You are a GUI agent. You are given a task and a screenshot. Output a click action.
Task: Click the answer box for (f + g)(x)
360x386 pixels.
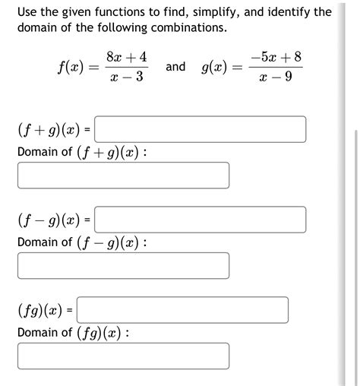click(x=201, y=129)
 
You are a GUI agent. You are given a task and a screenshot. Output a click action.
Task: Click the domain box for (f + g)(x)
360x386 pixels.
click(x=123, y=176)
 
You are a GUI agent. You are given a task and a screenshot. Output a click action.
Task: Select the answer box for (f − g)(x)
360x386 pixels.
click(x=201, y=220)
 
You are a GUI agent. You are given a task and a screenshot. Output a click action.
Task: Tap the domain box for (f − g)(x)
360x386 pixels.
click(x=123, y=266)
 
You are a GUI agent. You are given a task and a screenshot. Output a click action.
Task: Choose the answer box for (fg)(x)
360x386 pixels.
click(x=182, y=310)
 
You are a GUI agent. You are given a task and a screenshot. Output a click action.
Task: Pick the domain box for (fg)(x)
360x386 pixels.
click(x=123, y=356)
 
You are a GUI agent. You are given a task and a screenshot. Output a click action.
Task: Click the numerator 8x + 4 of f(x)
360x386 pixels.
click(x=127, y=56)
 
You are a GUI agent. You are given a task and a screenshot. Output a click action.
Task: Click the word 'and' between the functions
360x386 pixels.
click(x=175, y=67)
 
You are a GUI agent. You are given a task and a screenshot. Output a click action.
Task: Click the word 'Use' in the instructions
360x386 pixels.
click(x=28, y=12)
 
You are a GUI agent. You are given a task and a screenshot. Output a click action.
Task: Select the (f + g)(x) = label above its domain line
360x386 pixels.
click(x=53, y=130)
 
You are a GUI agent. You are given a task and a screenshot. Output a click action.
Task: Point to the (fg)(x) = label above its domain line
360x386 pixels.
click(x=44, y=311)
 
